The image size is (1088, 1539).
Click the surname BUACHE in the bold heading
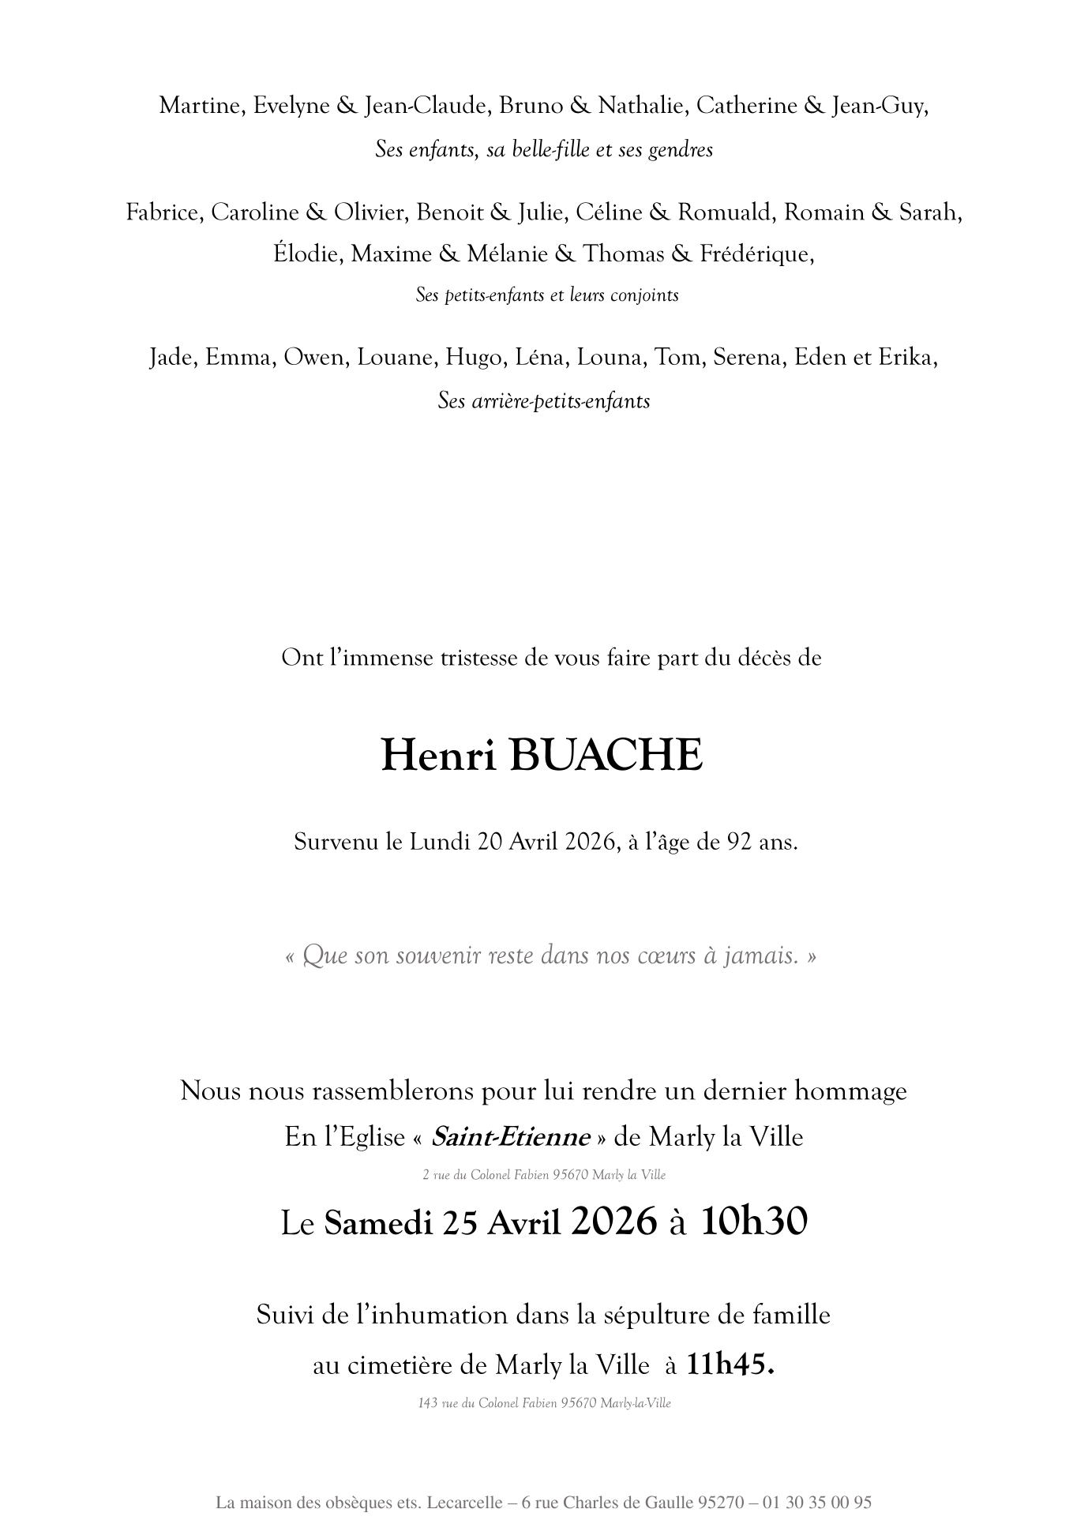coord(606,756)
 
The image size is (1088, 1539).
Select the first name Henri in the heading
coord(439,756)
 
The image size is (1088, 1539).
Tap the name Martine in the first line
coord(201,106)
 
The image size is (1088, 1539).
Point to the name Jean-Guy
coord(879,106)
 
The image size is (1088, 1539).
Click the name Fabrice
coord(166,212)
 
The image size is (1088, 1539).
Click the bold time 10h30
coord(754,1222)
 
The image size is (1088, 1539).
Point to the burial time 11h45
coord(730,1364)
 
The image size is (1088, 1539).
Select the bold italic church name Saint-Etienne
coord(511,1137)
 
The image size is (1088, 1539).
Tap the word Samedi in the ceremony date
coord(378,1223)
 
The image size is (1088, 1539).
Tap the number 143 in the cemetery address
coord(428,1403)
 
